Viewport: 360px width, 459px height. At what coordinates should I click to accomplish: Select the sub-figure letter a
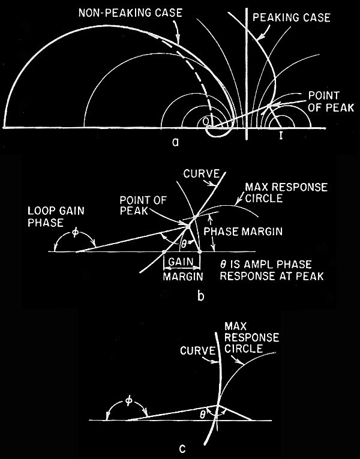click(174, 142)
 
